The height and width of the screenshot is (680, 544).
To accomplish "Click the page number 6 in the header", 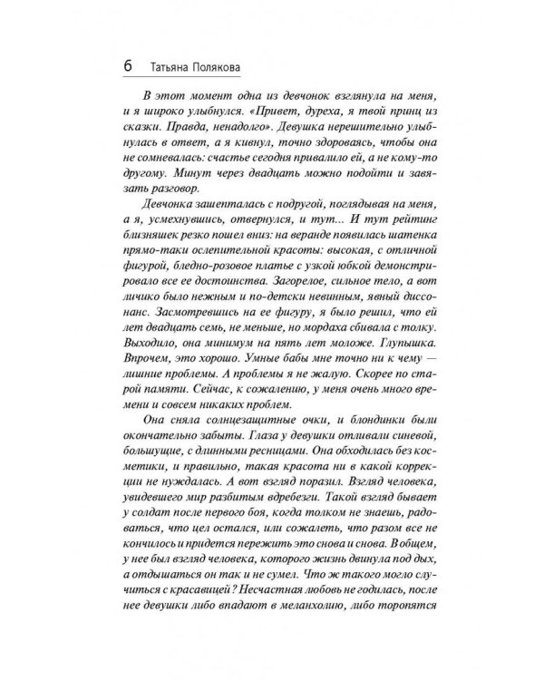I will pos(126,69).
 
